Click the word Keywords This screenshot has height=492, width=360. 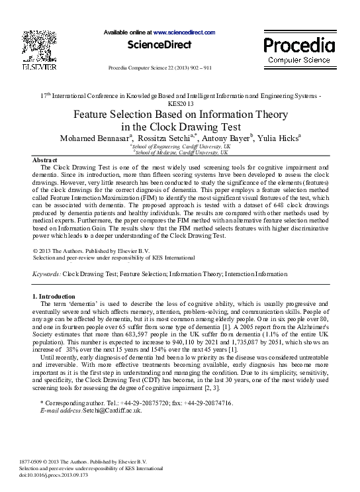(x=46, y=273)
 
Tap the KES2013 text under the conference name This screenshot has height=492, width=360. (x=181, y=104)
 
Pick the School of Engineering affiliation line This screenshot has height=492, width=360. (x=180, y=146)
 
